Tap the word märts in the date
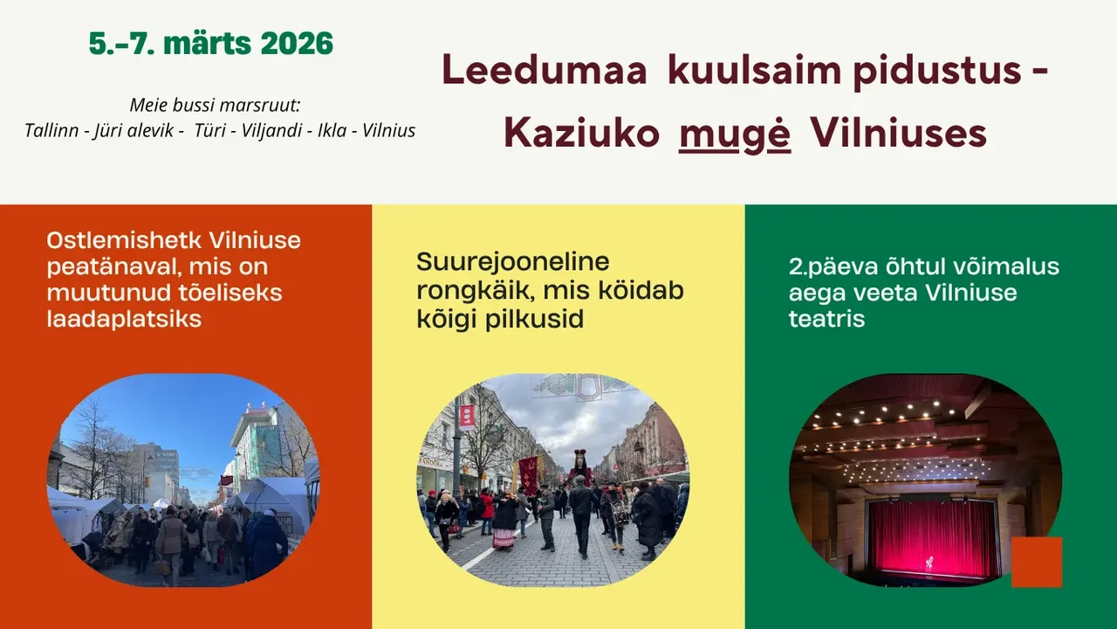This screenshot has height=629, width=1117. click(x=208, y=43)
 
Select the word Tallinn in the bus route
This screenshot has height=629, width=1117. click(x=51, y=131)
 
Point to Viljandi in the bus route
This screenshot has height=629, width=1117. click(x=271, y=131)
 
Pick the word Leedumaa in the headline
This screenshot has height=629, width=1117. click(x=545, y=71)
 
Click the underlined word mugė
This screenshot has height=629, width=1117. click(x=735, y=134)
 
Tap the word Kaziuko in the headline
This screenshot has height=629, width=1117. click(x=581, y=133)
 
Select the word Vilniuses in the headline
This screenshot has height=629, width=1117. click(x=898, y=133)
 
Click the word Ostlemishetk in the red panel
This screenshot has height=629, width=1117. click(x=125, y=240)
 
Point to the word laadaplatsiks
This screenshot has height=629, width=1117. click(x=124, y=319)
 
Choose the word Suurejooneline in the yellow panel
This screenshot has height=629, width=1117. click(x=512, y=262)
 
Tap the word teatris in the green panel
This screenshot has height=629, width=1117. click(x=826, y=319)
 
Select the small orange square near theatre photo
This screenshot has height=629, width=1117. click(x=1037, y=562)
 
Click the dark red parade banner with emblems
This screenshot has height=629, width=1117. click(x=529, y=474)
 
